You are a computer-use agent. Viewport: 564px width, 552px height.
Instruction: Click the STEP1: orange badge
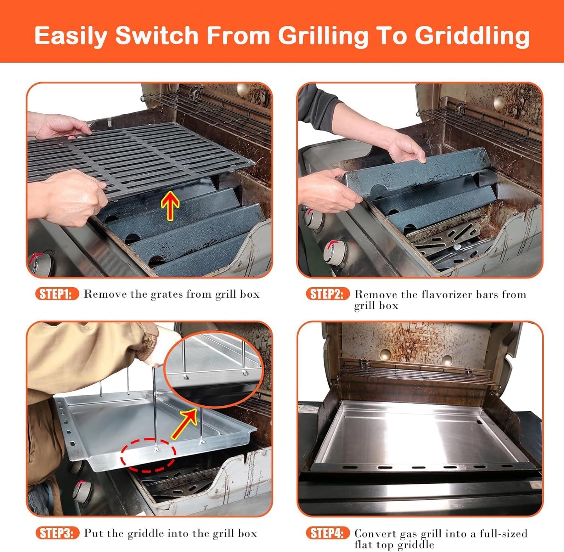tap(57, 294)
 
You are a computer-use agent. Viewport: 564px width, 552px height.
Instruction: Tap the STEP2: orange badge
tap(327, 294)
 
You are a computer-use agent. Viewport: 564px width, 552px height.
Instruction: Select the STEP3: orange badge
tap(57, 533)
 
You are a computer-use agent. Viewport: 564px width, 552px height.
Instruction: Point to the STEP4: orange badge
tap(327, 533)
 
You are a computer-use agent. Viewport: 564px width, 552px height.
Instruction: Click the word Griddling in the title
tap(472, 36)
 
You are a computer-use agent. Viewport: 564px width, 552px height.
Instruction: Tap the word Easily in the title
tap(71, 36)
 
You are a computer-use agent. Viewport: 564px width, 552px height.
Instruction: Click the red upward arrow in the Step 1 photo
tap(170, 205)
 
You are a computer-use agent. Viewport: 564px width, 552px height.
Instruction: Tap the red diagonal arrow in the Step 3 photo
tap(184, 423)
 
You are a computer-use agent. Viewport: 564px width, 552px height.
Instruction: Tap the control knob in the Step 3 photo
tap(82, 490)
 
